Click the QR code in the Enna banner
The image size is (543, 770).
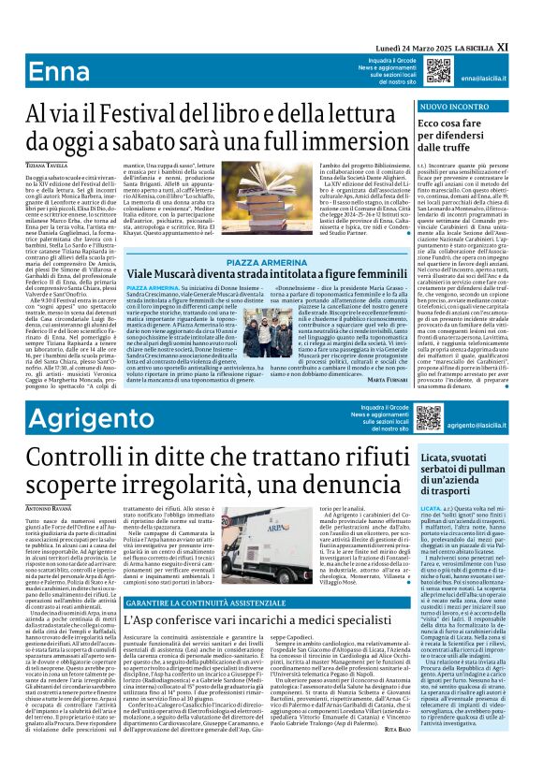pos(437,71)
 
